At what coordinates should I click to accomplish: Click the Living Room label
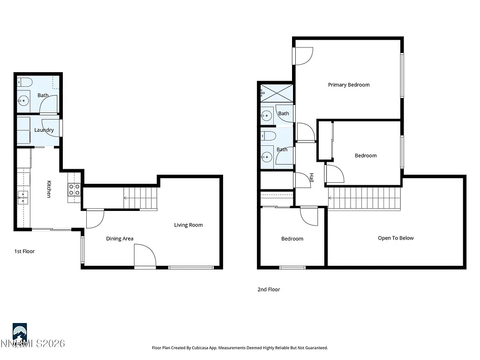point(188,225)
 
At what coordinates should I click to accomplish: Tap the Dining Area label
point(120,239)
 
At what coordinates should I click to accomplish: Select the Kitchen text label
point(49,189)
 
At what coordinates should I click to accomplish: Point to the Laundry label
point(44,130)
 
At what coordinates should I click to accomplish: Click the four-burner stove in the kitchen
point(74,189)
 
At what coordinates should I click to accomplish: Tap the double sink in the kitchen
point(22,197)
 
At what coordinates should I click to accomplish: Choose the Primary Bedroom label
point(349,85)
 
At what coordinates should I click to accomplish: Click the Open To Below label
point(396,238)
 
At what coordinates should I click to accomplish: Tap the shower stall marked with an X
point(277,92)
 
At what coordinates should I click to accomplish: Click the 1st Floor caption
point(24,251)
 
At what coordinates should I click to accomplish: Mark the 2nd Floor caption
point(269,290)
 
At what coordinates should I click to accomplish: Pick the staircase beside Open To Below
point(365,198)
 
